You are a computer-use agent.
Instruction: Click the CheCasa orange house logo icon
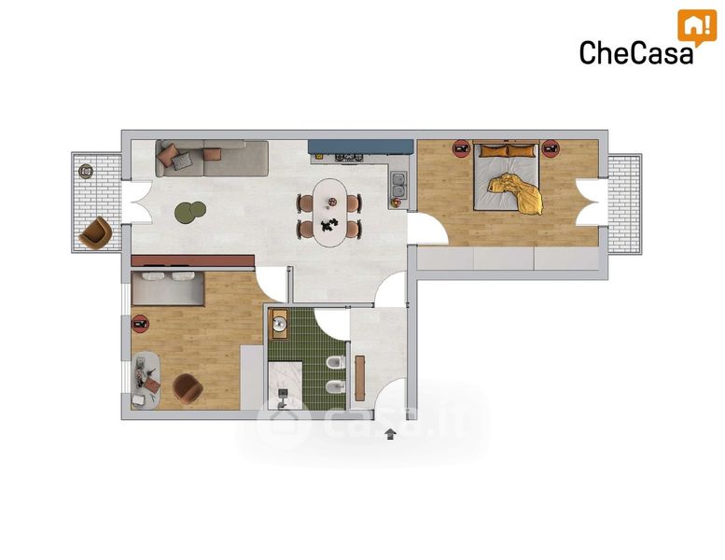coord(697,25)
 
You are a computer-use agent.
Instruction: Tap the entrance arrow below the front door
coord(391,434)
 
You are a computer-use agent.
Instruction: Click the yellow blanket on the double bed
coord(516,193)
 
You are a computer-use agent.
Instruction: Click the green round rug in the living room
coord(190,213)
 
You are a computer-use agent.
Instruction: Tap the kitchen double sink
coord(398,185)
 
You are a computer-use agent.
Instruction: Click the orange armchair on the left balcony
coord(95,233)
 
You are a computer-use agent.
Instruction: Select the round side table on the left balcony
coord(86,172)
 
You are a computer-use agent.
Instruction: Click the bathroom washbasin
coord(279,324)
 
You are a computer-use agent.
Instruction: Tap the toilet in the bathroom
coord(336,362)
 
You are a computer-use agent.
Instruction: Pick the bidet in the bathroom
coord(336,386)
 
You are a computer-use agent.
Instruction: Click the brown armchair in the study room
coord(188,389)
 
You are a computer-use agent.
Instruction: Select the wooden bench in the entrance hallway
coord(360,378)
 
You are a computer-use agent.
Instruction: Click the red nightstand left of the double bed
coord(461,149)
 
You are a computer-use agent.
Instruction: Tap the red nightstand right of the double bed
coord(551,149)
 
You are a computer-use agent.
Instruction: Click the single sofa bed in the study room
coord(168,288)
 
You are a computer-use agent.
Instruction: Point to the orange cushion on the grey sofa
coord(212,154)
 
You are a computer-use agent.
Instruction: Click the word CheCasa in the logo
coord(636,52)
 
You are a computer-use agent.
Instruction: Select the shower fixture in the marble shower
coord(283,399)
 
